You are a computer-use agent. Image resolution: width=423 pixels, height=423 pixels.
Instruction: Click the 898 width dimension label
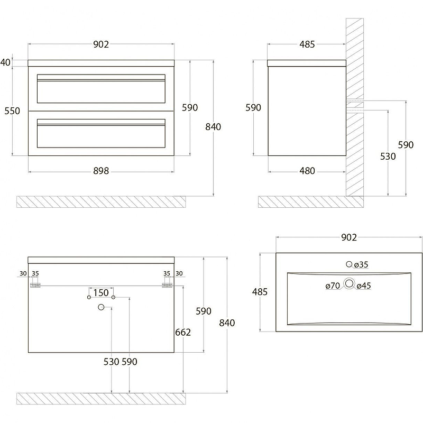101,171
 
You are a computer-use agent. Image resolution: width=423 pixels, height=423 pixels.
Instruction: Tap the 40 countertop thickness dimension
5,62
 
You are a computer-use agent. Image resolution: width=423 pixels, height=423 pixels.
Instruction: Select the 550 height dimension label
12,111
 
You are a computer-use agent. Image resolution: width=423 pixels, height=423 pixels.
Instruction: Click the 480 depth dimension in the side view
307,171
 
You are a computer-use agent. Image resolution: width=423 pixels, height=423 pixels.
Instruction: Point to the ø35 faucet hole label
361,265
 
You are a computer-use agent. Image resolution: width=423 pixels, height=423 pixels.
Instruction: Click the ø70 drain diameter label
333,286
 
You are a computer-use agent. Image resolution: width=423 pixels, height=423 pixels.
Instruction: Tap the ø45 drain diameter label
364,286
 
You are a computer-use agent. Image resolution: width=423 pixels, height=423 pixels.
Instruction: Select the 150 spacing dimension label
101,293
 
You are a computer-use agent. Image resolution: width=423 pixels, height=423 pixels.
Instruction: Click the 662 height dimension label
183,332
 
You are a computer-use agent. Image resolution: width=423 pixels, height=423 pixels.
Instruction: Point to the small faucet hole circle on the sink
349,264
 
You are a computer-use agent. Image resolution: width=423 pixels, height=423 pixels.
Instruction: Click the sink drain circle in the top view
349,283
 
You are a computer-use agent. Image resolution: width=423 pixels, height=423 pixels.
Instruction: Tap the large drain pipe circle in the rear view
101,307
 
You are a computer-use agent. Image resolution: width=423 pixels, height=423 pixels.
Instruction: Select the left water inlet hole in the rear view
89,297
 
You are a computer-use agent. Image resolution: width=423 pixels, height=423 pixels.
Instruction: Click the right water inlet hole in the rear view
113,297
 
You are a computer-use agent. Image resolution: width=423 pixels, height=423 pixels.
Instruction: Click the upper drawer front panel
101,88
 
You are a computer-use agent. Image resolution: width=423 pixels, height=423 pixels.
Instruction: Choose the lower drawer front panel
101,133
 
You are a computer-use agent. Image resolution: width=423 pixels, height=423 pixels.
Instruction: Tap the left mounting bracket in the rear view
35,285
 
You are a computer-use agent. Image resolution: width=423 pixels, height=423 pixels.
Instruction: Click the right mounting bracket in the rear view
167,285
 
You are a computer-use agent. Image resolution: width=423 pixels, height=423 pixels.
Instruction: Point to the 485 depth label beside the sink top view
260,292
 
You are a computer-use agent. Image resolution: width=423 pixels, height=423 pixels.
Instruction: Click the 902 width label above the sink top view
349,237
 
